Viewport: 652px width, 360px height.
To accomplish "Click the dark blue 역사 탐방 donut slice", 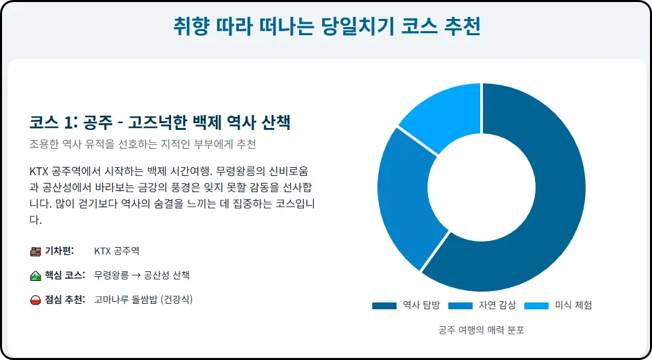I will (x=541, y=203).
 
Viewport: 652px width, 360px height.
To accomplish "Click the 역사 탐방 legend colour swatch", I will (x=383, y=305).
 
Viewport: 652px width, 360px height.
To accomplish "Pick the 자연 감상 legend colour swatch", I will (x=459, y=305).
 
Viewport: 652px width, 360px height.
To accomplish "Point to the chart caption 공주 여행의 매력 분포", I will (x=481, y=330).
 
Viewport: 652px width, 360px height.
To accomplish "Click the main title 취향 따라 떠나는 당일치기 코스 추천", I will (x=326, y=28).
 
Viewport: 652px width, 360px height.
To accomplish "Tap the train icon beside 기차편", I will (x=36, y=251).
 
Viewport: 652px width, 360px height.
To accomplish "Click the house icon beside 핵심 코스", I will (x=36, y=275).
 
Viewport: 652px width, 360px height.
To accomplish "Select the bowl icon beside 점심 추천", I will (x=36, y=300).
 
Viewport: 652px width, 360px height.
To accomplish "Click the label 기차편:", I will (x=64, y=251).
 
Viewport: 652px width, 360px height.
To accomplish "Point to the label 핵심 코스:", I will (x=65, y=275).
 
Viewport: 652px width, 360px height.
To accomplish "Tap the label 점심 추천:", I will (x=65, y=300).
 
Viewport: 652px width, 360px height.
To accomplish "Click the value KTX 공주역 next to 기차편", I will (x=117, y=251).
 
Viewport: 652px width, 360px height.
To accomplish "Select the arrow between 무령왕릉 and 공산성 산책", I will (x=135, y=275).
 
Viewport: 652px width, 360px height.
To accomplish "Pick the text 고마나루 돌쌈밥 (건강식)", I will (x=143, y=300).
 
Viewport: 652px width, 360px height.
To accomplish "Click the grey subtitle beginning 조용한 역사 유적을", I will (x=143, y=144).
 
